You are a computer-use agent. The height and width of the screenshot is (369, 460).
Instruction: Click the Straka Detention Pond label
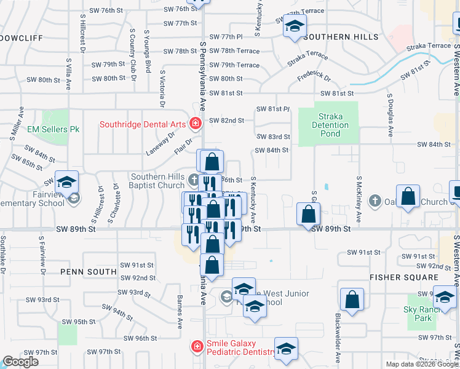click(x=333, y=125)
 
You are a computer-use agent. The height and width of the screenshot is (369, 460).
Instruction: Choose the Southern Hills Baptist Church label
click(x=157, y=181)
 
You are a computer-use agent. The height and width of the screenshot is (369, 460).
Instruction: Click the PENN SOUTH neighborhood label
click(x=89, y=271)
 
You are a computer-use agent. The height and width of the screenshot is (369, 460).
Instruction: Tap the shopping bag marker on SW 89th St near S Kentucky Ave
click(x=309, y=215)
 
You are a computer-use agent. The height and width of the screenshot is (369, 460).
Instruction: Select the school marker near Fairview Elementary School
click(x=66, y=181)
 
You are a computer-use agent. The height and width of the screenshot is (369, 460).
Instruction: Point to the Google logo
click(x=20, y=362)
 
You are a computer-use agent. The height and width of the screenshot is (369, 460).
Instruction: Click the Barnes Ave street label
click(x=180, y=311)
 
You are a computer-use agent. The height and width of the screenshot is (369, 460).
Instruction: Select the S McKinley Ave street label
click(x=359, y=200)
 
